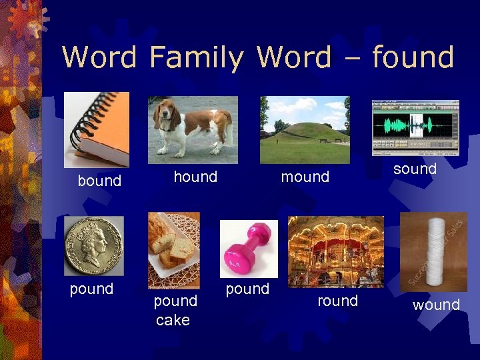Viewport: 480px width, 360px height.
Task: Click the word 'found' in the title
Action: pos(413,57)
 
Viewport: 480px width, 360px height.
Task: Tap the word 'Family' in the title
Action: pos(197,59)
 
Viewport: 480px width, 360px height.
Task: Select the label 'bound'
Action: pos(99,181)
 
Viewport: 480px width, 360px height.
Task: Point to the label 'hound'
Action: pos(195,177)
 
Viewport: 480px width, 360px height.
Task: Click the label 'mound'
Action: pos(305,177)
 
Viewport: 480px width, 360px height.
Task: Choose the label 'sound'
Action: pos(415,169)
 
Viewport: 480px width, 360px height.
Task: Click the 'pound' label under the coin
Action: pos(91,289)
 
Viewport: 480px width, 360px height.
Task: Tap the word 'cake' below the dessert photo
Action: pos(173,320)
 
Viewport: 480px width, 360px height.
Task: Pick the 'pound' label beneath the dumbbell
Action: pos(247,289)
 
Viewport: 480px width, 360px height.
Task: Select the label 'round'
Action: pos(337,301)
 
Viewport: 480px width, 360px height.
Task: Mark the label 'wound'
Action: pos(436,305)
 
